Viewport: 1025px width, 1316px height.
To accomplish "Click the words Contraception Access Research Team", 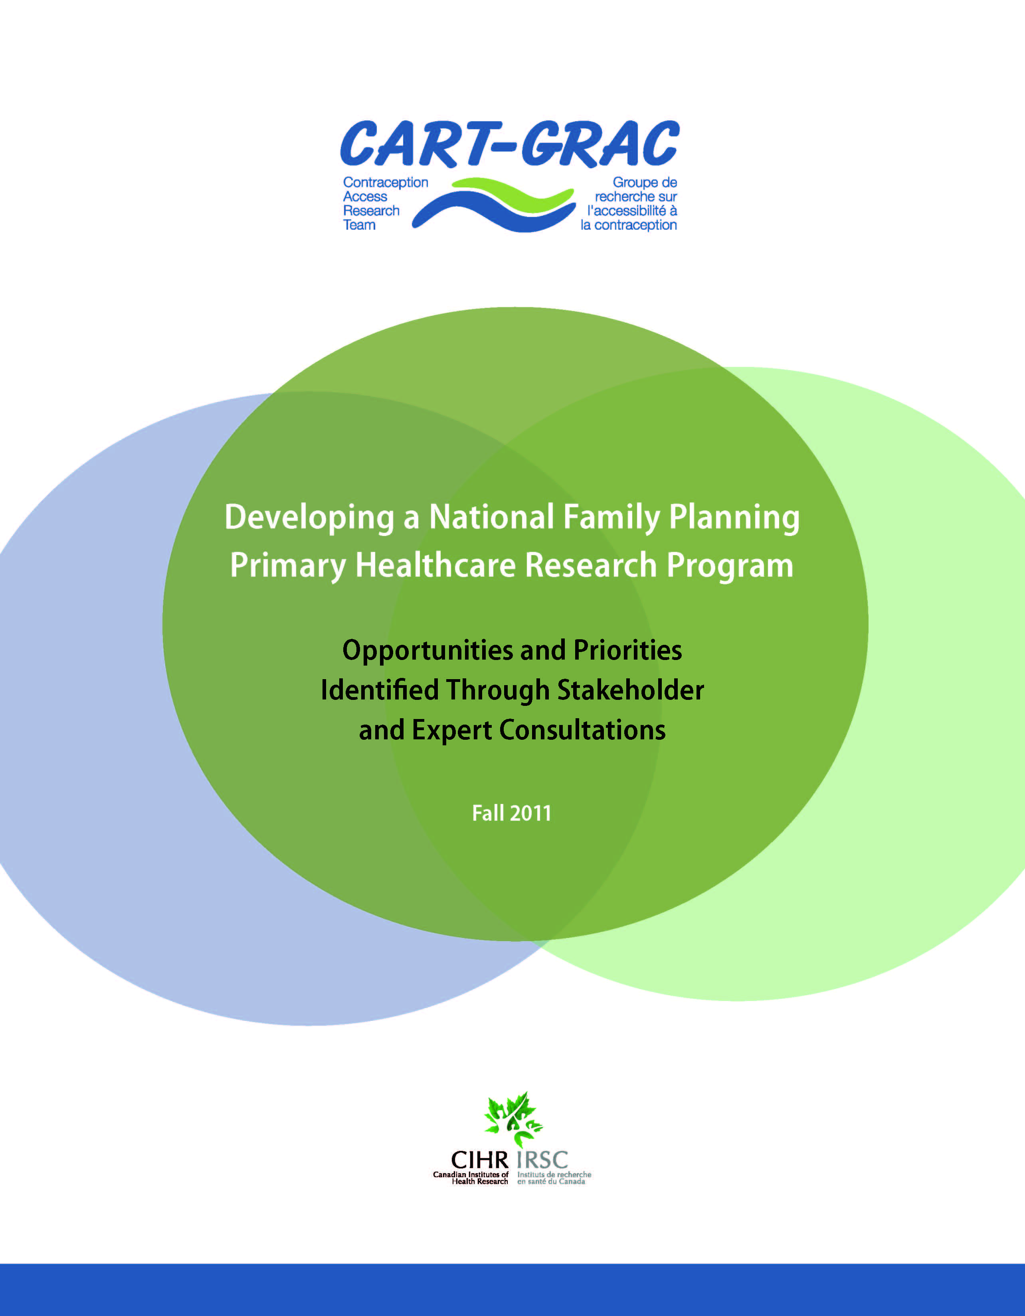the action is coord(385,204).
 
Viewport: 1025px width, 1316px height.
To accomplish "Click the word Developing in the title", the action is coord(310,518).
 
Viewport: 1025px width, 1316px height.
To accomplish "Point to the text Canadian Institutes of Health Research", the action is coord(471,1178).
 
